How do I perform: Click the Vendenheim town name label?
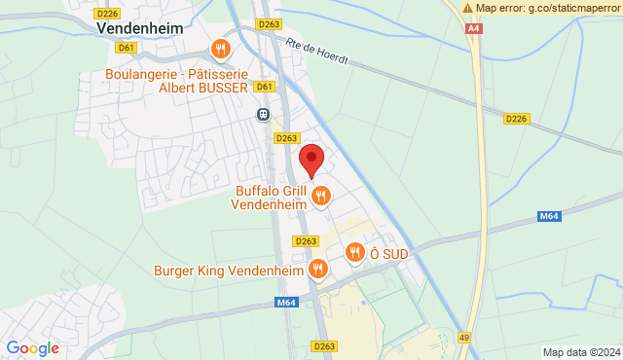pos(139,29)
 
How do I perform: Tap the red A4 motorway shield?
pos(473,29)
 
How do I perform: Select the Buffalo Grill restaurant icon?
pos(321,198)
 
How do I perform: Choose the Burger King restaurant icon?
pos(317,269)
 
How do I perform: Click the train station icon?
pos(263,114)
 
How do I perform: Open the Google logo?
pos(32,347)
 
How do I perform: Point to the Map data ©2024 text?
pos(580,352)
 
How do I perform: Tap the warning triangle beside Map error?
pos(468,8)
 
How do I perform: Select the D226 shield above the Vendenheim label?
pos(108,13)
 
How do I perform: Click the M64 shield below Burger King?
pos(285,303)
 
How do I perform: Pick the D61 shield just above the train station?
pos(263,87)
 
